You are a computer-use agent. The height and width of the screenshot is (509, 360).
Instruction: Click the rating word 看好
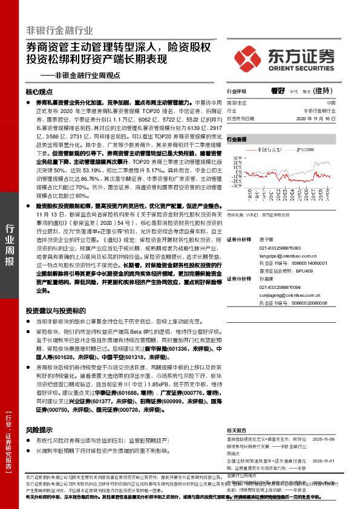click(278, 91)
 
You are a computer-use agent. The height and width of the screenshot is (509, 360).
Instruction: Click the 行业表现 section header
click(238, 139)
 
